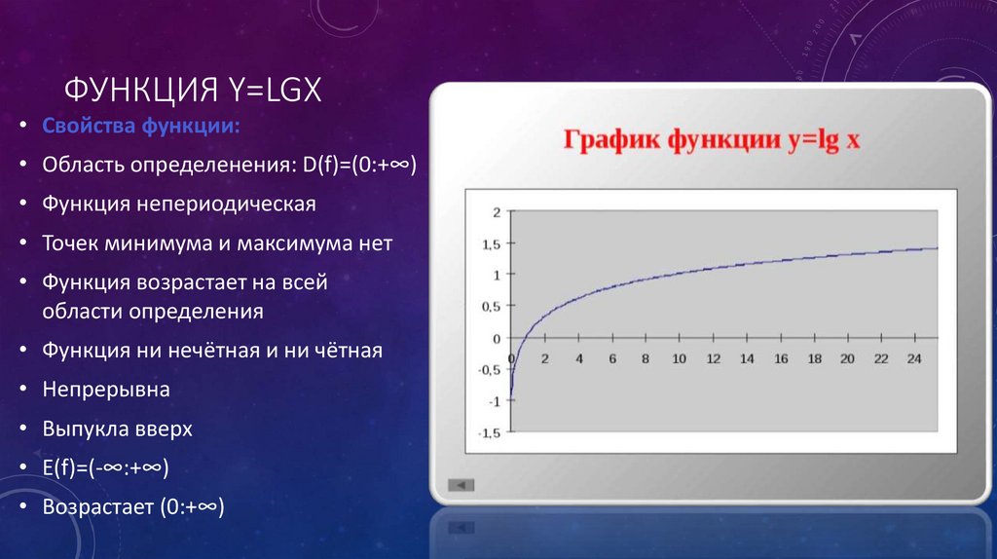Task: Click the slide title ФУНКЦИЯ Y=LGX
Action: click(193, 90)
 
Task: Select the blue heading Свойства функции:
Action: click(141, 126)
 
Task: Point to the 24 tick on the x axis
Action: click(914, 358)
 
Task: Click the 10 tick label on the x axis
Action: click(679, 358)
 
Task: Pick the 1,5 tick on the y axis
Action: click(492, 244)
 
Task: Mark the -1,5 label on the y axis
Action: click(489, 433)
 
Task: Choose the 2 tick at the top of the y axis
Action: click(497, 212)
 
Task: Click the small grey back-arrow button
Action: click(461, 485)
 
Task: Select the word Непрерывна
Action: click(106, 390)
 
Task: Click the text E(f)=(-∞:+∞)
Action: click(105, 468)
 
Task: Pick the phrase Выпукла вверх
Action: click(117, 429)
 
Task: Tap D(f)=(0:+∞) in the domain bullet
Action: click(359, 165)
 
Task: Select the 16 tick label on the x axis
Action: click(781, 358)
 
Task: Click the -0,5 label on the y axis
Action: click(489, 370)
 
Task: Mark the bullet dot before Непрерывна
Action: click(23, 389)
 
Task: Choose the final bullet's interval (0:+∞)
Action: click(192, 507)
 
